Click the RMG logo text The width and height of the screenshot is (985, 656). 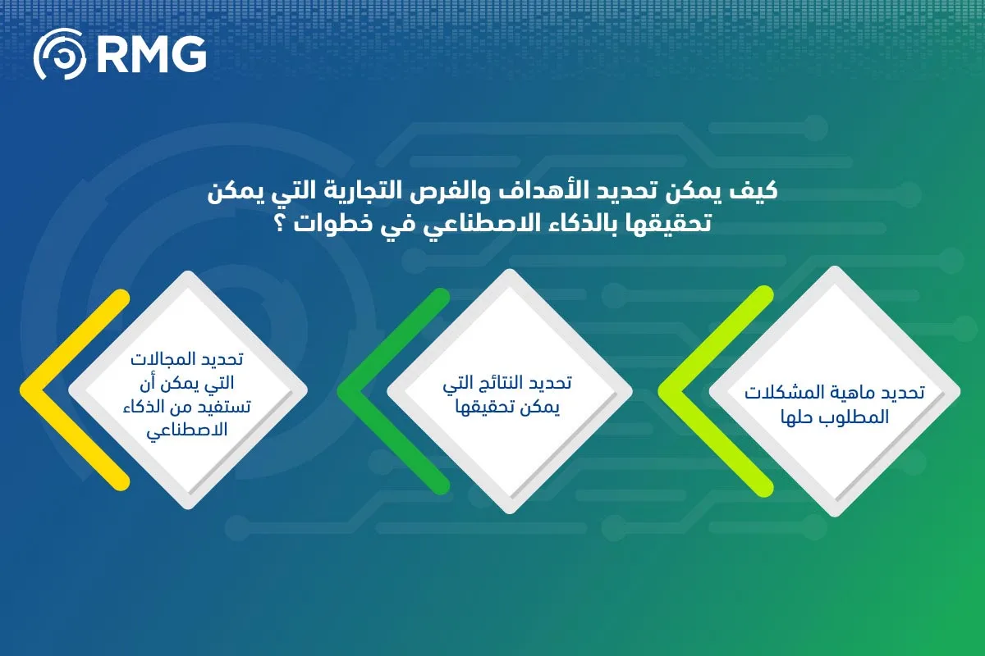(x=151, y=55)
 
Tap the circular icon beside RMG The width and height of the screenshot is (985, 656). (x=59, y=55)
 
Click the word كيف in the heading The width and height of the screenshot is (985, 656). (x=757, y=194)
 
